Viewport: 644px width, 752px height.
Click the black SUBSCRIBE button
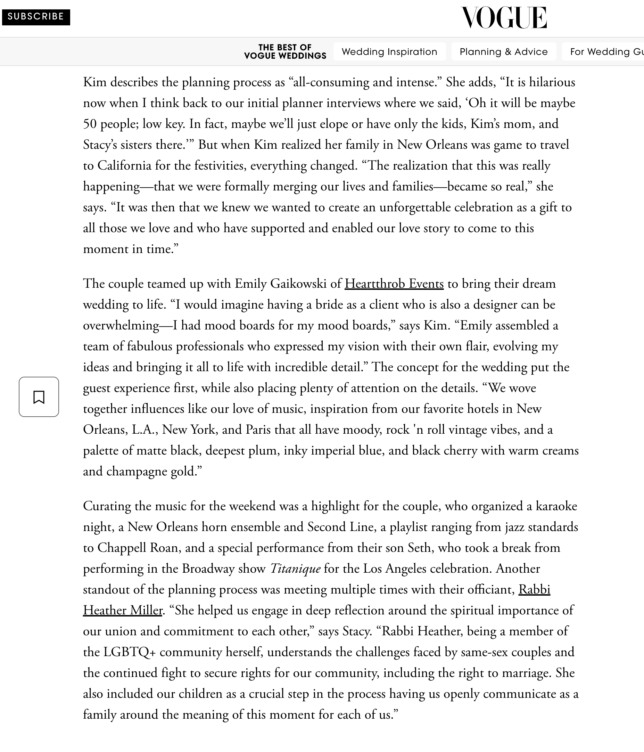36,17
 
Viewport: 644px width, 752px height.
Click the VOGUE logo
504,17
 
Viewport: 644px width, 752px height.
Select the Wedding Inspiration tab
389,51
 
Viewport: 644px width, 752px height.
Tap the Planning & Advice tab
504,51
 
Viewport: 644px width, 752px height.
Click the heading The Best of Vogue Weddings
285,51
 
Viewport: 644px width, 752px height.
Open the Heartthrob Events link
394,284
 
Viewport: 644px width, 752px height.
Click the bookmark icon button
39,397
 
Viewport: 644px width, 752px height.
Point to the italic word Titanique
295,569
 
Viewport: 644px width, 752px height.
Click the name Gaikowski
299,284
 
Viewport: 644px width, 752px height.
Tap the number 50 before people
90,124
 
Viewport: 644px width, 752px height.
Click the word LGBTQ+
130,652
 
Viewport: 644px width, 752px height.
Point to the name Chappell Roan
139,548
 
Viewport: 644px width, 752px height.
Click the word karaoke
556,506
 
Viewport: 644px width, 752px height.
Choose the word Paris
258,430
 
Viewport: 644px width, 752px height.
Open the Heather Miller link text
123,611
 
